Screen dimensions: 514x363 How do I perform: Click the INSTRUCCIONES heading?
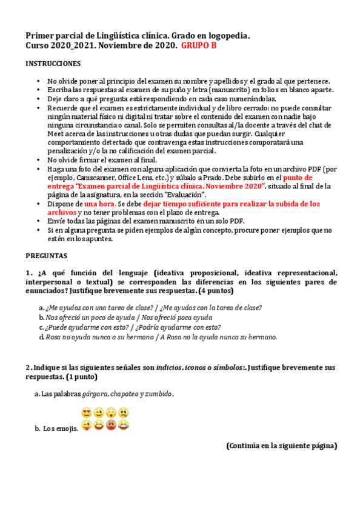click(53, 64)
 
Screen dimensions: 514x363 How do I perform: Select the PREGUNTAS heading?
click(47, 256)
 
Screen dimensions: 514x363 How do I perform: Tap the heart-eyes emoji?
click(85, 412)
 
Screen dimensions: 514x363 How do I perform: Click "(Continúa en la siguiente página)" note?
click(281, 446)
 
